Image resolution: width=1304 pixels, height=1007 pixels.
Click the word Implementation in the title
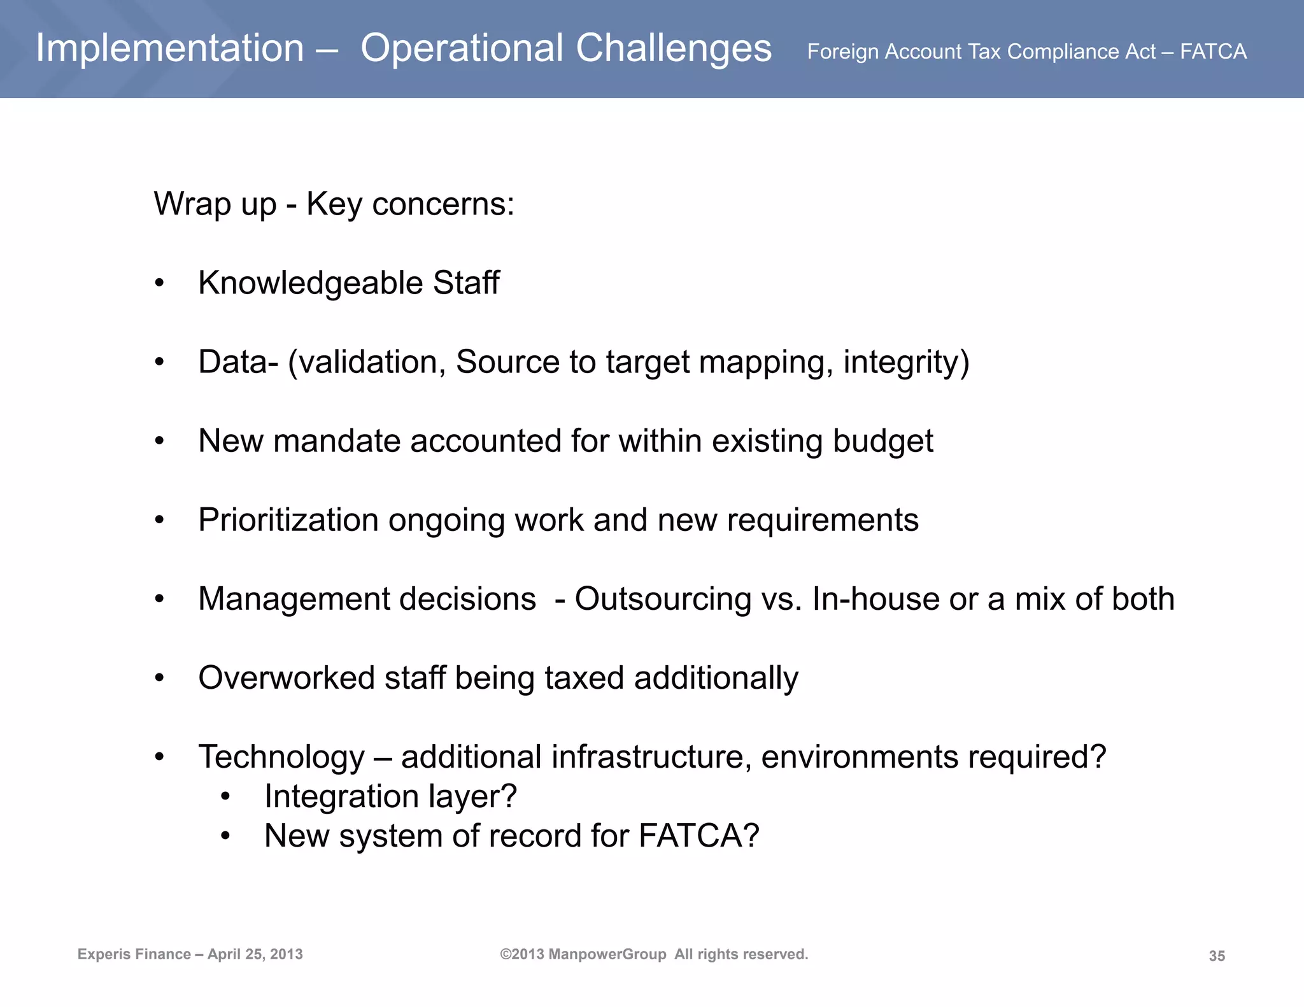point(169,48)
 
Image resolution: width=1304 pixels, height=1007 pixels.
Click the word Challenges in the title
point(673,48)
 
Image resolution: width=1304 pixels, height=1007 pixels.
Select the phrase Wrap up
point(215,204)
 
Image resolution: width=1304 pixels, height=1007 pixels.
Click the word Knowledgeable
point(310,283)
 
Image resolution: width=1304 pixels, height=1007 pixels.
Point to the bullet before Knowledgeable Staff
point(159,283)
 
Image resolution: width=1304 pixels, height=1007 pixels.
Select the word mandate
point(337,441)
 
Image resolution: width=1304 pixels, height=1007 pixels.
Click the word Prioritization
point(288,520)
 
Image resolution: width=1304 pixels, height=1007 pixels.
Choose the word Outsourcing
point(662,599)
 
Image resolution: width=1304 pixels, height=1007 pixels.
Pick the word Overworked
point(286,678)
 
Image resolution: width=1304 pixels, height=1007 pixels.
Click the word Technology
point(281,757)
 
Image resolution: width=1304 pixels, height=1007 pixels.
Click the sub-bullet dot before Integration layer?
point(225,797)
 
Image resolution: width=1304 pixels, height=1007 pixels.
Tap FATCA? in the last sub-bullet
point(698,836)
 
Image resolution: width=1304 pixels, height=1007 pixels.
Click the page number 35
point(1216,956)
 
